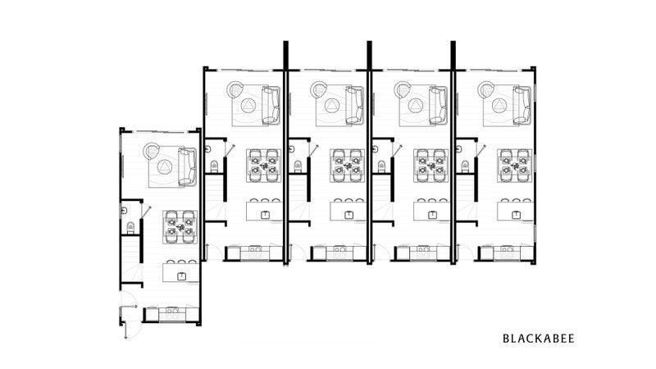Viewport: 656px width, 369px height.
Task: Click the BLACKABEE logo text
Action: (x=539, y=339)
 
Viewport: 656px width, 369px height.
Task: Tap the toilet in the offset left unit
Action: (x=130, y=227)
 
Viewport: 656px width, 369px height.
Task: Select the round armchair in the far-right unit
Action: (x=486, y=89)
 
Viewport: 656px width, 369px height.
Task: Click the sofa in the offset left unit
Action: (x=187, y=167)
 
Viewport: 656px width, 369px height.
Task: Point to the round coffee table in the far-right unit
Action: (x=499, y=105)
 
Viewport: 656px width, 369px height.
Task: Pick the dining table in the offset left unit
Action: (x=180, y=227)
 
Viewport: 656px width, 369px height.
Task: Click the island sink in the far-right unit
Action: (x=517, y=215)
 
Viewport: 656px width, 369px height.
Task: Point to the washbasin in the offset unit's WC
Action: (x=124, y=210)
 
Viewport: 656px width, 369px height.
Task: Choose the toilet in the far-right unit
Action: (x=465, y=166)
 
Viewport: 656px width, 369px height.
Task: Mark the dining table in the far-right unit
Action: (x=515, y=166)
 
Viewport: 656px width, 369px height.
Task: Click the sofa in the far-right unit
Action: (x=522, y=106)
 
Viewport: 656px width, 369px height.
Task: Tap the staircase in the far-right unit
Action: (x=465, y=198)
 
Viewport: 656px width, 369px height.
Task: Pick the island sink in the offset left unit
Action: (x=181, y=276)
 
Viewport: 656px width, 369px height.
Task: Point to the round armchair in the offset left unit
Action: (x=152, y=151)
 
